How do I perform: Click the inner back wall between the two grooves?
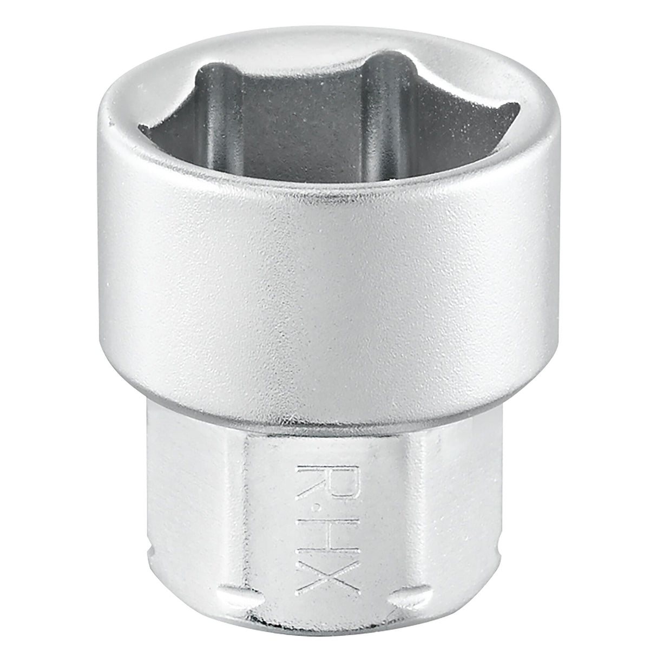pos(304,129)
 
